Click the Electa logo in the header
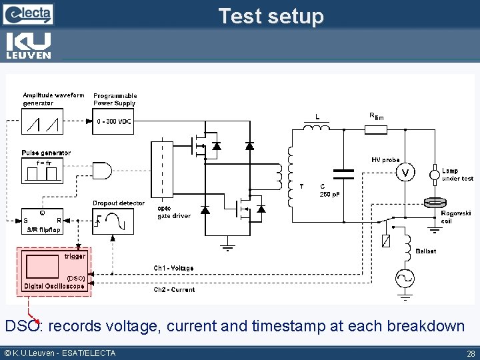[x=29, y=13]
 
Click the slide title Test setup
[x=271, y=16]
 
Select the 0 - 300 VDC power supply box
[x=114, y=122]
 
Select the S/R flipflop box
[x=42, y=219]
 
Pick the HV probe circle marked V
[x=405, y=173]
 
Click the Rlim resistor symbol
[x=376, y=129]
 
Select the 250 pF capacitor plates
[x=343, y=174]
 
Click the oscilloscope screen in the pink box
[x=43, y=267]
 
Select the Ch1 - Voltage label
[x=174, y=268]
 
